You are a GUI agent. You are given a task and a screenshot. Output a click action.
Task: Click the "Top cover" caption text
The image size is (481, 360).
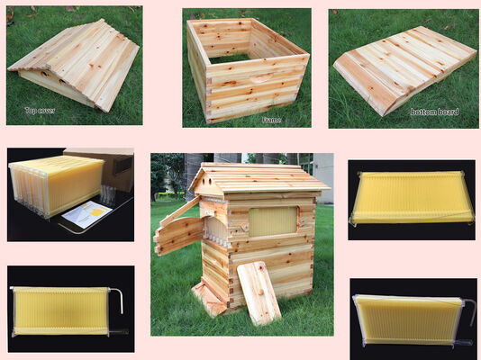[40, 111]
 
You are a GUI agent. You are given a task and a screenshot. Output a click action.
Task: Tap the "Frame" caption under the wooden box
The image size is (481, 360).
[271, 120]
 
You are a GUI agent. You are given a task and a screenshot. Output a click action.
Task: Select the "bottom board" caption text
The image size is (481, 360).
[434, 112]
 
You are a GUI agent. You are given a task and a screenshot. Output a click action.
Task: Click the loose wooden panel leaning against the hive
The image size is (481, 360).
[259, 292]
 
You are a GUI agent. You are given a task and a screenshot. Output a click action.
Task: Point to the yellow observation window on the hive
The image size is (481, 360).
[273, 221]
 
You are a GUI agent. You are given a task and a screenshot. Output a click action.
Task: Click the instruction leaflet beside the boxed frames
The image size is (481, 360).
[86, 214]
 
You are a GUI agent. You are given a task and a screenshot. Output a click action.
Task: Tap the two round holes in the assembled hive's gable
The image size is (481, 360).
[206, 181]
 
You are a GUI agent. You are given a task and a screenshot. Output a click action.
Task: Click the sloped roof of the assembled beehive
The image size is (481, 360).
[260, 176]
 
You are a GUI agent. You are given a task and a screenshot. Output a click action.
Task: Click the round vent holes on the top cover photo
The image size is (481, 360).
[53, 77]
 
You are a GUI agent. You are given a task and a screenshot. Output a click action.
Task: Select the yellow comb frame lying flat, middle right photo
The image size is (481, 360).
[411, 198]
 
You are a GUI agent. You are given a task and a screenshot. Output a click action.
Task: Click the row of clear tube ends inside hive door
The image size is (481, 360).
[216, 238]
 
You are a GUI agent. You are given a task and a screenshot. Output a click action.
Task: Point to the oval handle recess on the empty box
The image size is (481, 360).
[261, 78]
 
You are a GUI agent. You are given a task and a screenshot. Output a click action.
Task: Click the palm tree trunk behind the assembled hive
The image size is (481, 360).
[193, 175]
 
